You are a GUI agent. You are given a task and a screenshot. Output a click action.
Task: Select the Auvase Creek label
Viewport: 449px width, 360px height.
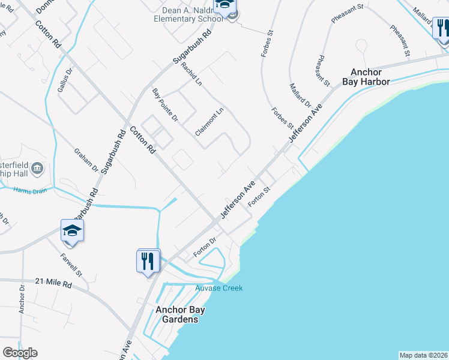(x=219, y=288)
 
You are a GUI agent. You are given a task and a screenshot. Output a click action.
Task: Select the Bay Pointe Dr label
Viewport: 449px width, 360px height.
(x=166, y=105)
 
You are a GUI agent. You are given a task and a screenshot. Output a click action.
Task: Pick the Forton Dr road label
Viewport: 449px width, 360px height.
(x=205, y=247)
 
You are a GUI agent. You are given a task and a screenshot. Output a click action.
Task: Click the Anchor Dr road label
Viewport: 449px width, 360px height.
(x=22, y=302)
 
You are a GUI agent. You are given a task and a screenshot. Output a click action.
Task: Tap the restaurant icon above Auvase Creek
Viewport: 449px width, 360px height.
(x=149, y=261)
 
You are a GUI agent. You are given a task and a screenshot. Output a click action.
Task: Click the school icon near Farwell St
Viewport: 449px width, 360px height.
(x=71, y=231)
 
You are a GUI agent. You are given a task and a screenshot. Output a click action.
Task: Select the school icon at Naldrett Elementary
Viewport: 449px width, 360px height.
(x=226, y=6)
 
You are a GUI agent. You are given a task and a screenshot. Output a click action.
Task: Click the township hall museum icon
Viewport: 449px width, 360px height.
(x=37, y=167)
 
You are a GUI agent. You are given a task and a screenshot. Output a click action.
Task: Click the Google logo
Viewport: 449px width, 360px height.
(x=20, y=353)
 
